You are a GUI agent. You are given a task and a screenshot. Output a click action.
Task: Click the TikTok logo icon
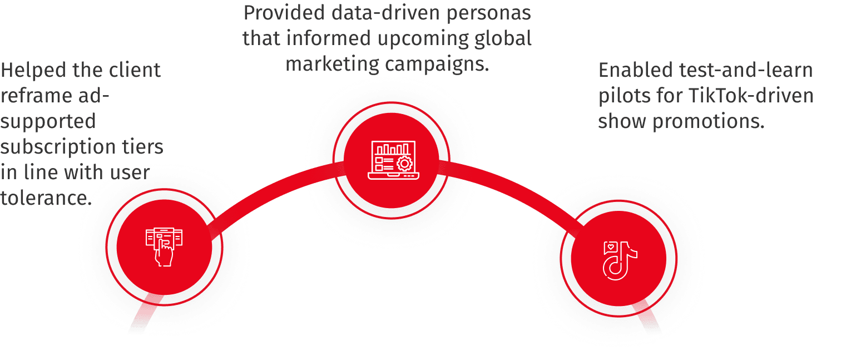pos(620,260)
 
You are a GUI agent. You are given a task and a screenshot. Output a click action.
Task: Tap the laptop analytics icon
pos(392,160)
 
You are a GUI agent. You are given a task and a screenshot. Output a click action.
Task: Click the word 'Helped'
pos(33,70)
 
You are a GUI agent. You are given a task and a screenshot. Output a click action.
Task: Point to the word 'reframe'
pos(36,96)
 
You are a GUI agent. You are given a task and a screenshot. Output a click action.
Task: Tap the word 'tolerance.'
pos(46,198)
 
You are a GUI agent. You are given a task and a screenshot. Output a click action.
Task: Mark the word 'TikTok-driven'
pos(751,96)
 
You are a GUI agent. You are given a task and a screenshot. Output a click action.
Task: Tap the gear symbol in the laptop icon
pos(404,164)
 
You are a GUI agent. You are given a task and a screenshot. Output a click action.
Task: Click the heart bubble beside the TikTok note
pos(611,246)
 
